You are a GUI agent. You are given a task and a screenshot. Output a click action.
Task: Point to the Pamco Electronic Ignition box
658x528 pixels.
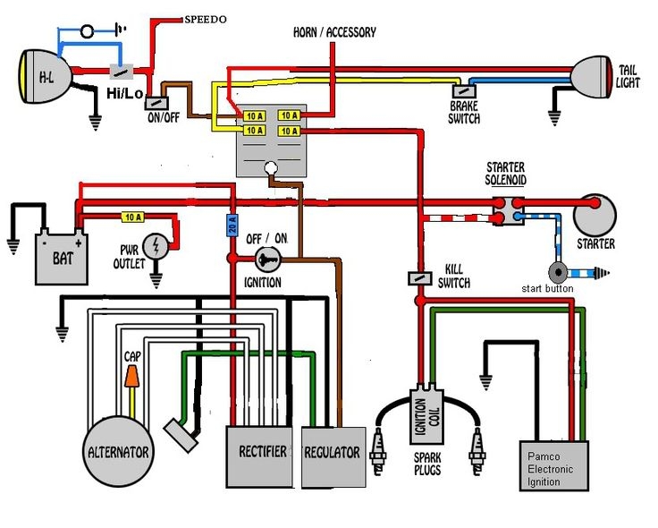tap(554, 466)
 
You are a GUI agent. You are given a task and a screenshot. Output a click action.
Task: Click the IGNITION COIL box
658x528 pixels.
tap(427, 418)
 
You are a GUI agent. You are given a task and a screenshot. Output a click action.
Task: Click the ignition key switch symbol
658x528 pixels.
tap(267, 260)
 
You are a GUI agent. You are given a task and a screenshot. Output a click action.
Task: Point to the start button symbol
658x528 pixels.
tap(559, 270)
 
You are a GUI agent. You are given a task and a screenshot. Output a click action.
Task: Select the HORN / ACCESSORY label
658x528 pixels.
tap(334, 32)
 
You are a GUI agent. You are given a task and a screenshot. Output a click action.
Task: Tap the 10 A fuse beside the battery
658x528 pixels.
tap(132, 217)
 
